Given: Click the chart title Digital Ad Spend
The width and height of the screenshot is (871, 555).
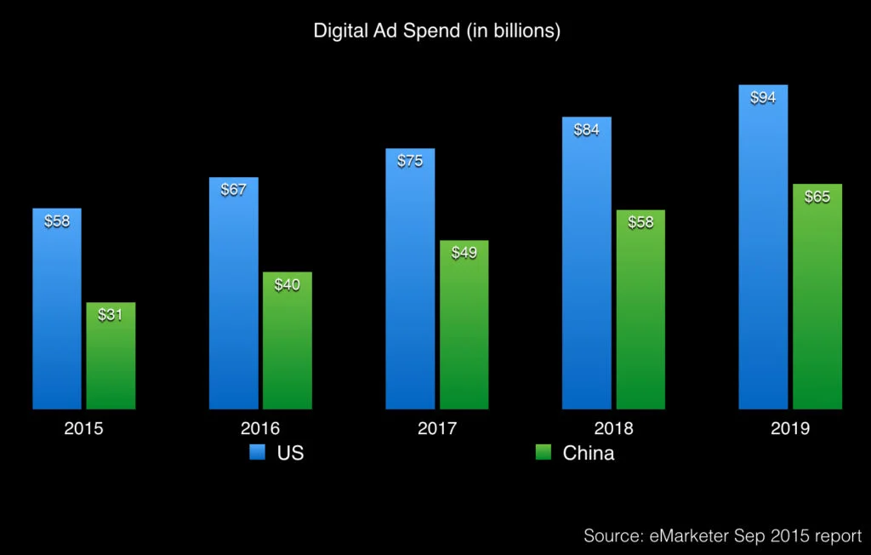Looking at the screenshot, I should point(436,31).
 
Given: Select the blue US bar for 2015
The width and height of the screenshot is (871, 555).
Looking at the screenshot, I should point(57,315).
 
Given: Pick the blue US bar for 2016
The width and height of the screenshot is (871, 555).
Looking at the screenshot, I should point(234,298).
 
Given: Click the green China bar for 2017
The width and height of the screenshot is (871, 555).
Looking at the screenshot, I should point(464,332).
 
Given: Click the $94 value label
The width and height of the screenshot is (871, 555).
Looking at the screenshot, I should point(763,98).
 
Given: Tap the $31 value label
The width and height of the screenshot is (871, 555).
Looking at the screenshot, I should point(111,315).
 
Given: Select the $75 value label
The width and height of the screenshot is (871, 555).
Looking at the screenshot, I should point(410,161).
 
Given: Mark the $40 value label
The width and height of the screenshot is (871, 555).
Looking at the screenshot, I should point(287,285).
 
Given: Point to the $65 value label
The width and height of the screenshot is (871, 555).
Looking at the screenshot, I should point(817,197).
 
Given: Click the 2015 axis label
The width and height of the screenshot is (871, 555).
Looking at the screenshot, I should point(83,428).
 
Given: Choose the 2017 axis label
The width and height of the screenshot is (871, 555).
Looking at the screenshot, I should point(437,428).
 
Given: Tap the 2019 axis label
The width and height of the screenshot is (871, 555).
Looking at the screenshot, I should point(790,428).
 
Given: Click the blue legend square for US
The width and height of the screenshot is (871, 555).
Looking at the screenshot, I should point(258,453).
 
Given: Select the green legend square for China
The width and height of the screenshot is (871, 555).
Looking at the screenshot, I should point(544,453).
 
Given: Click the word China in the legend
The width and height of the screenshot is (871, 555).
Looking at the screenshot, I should point(589,453).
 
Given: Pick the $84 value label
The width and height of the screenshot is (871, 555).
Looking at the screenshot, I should point(587,130).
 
